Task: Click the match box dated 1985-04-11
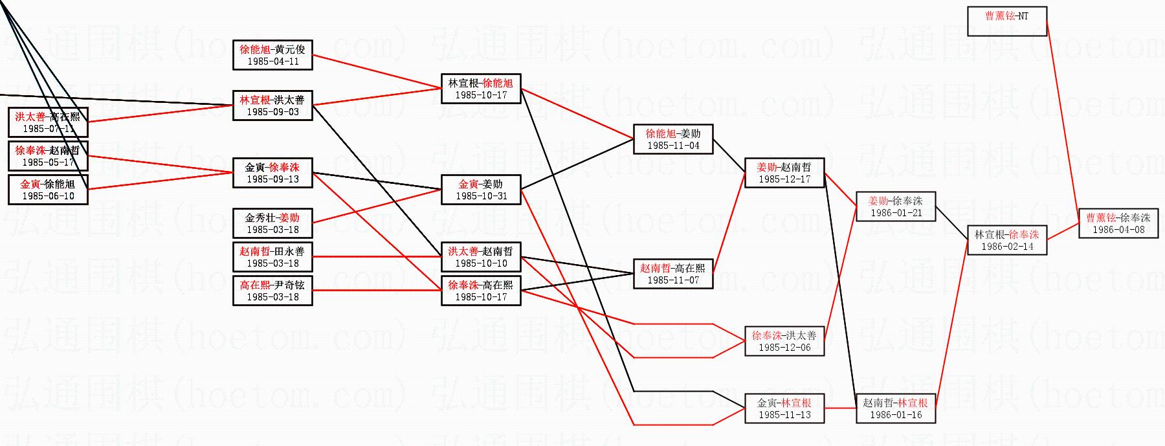tap(272, 55)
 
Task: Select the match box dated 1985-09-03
tap(272, 106)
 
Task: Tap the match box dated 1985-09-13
tap(272, 173)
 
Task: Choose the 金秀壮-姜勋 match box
tap(272, 223)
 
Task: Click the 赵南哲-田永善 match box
tap(272, 257)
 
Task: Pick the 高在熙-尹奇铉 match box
tap(272, 291)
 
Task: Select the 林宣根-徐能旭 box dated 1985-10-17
tap(481, 89)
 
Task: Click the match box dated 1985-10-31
tap(481, 190)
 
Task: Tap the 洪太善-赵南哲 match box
tap(481, 257)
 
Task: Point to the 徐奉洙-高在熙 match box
tap(481, 291)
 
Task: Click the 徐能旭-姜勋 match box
tap(673, 139)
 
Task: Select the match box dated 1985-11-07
tap(673, 274)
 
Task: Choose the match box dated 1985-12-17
tap(784, 173)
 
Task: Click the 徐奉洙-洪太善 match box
tap(784, 341)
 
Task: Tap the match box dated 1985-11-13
tap(784, 408)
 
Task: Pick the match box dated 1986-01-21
tap(896, 206)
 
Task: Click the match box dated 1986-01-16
tap(896, 408)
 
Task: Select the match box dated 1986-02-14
tap(1007, 240)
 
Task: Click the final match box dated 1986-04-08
tap(1118, 223)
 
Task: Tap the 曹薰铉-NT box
tap(1007, 21)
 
